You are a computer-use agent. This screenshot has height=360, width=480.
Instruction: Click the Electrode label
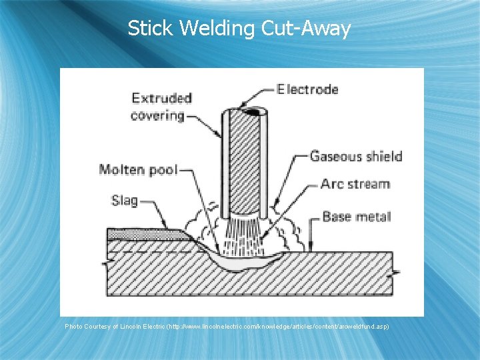[307, 89]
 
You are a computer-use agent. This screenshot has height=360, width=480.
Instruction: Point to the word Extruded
[161, 98]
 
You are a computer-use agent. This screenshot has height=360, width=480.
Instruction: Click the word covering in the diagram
[157, 115]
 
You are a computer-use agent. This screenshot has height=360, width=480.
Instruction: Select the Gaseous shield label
[356, 157]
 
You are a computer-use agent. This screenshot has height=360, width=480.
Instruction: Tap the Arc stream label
[355, 183]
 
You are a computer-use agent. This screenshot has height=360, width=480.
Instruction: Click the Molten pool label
[138, 169]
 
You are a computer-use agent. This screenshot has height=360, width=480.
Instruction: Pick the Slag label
[125, 199]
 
